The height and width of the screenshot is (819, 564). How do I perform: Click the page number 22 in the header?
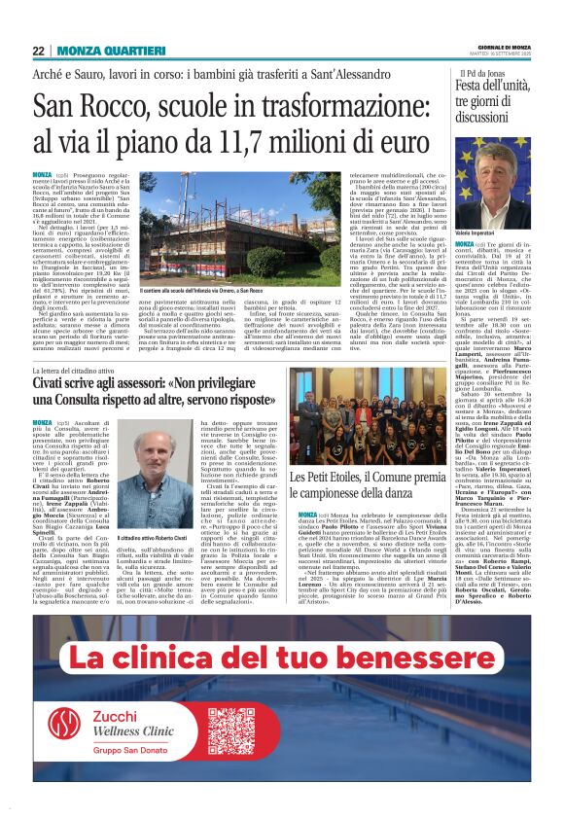pos(38,51)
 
